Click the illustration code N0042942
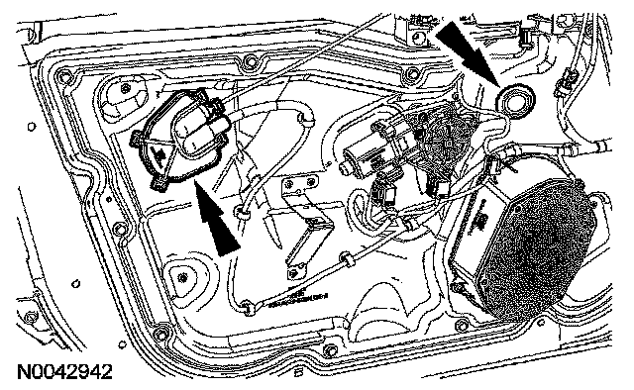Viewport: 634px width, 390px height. click(x=64, y=372)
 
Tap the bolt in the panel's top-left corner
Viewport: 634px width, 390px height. click(x=61, y=75)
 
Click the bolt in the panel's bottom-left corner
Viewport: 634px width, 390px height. click(x=160, y=334)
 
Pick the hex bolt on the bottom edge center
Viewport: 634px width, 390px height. click(x=330, y=349)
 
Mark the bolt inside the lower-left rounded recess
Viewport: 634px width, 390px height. click(x=183, y=277)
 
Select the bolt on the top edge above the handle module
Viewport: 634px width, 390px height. click(x=252, y=61)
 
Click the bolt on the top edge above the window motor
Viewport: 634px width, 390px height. click(x=413, y=73)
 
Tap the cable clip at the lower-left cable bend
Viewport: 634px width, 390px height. click(x=247, y=307)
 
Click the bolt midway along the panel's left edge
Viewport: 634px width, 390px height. click(x=119, y=229)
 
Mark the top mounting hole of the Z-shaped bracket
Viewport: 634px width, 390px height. click(x=289, y=185)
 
